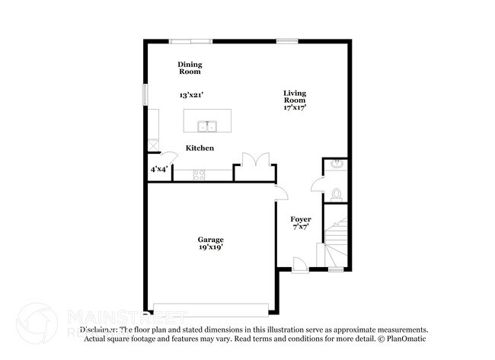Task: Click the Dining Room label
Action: click(190, 68)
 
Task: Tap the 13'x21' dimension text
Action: click(191, 95)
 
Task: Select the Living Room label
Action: click(295, 97)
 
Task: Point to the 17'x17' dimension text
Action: click(295, 108)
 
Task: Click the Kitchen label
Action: click(200, 148)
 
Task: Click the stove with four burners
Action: click(200, 174)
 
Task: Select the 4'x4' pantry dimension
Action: click(158, 169)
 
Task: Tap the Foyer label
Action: click(301, 219)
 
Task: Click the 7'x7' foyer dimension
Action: click(301, 227)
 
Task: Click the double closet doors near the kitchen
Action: click(253, 161)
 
